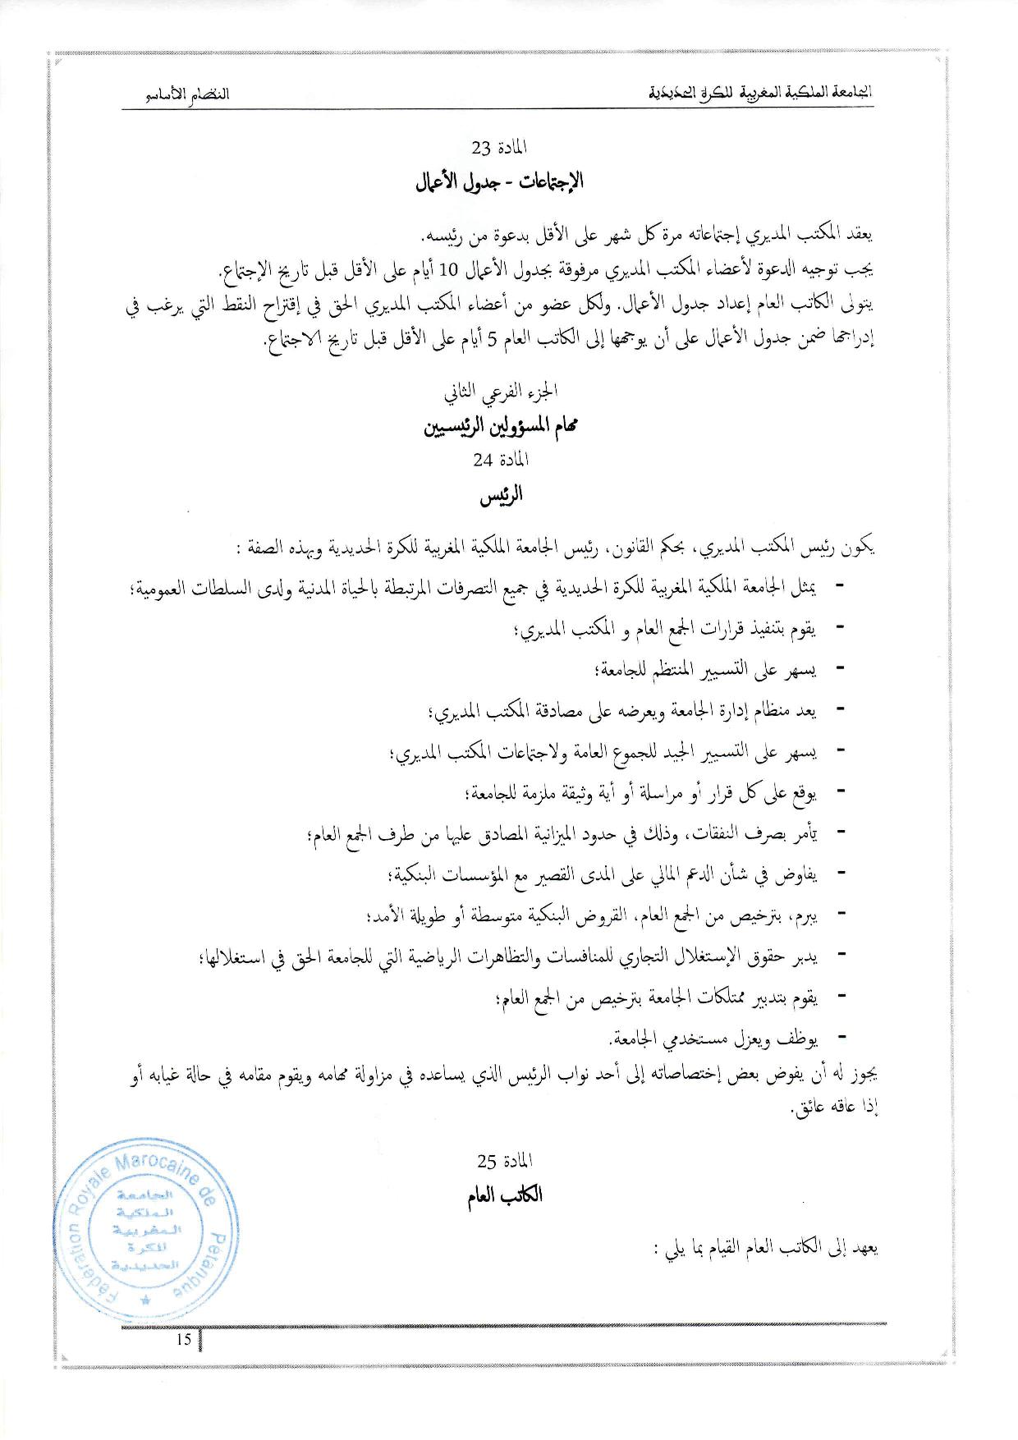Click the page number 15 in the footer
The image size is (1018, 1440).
[183, 1340]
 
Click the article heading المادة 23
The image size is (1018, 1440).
[499, 148]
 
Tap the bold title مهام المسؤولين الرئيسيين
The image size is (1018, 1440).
[502, 428]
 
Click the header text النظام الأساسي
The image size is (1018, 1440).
[187, 94]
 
